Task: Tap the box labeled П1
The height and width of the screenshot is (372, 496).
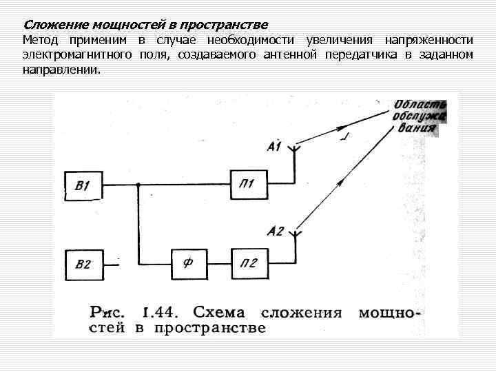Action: (248, 185)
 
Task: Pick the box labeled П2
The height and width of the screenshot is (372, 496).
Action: (248, 262)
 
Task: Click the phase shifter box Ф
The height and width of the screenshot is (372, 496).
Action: (187, 262)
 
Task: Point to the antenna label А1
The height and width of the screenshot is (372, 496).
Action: (273, 146)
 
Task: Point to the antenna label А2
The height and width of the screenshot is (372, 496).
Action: (274, 231)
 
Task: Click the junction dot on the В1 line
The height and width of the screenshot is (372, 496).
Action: (138, 185)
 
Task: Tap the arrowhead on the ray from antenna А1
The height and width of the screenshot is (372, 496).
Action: (341, 127)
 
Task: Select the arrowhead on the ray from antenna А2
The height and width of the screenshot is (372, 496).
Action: (340, 180)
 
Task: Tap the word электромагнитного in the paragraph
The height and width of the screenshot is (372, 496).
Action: (76, 55)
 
